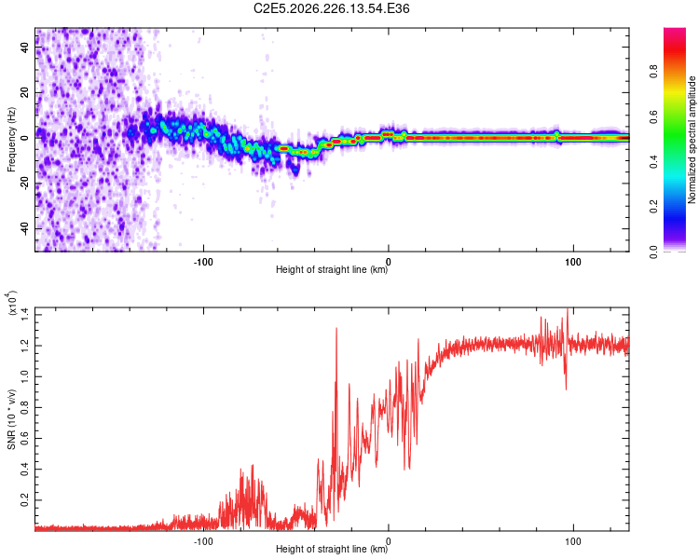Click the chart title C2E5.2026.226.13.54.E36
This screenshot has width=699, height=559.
[x=331, y=8]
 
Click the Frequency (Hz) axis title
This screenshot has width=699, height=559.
[x=11, y=140]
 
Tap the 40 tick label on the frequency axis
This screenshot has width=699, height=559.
[x=24, y=47]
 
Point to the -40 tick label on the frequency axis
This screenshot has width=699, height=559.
[x=24, y=228]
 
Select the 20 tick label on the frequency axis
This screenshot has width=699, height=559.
[x=24, y=92]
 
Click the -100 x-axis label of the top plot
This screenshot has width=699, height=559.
[x=203, y=262]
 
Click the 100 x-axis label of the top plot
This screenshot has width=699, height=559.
[x=573, y=262]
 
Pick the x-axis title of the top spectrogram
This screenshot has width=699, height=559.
[x=332, y=269]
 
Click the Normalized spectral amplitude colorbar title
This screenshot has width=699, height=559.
[x=692, y=140]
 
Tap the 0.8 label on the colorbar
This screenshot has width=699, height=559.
[x=653, y=72]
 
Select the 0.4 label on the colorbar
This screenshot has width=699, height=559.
[x=653, y=162]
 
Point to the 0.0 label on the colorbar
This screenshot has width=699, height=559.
[x=653, y=252]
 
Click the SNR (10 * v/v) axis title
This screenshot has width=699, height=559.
[x=11, y=419]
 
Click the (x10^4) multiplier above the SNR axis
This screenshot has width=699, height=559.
[x=11, y=303]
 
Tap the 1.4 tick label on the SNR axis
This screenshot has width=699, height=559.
[x=24, y=315]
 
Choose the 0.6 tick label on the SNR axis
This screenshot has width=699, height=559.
[x=24, y=438]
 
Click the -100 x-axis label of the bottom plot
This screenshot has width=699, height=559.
[x=203, y=541]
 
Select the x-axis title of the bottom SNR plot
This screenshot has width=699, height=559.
[x=332, y=549]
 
